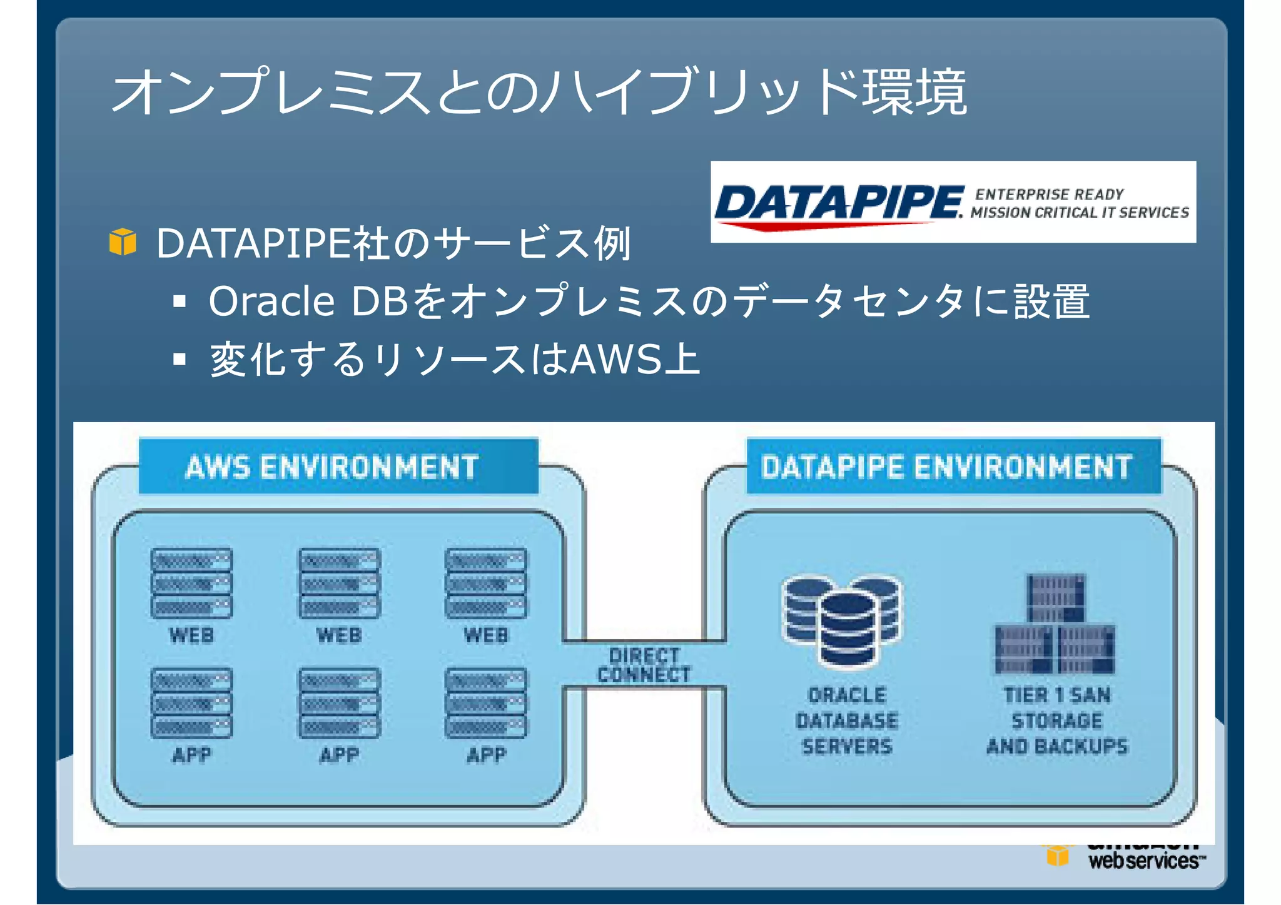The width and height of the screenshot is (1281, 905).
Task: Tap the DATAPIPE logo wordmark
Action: click(838, 203)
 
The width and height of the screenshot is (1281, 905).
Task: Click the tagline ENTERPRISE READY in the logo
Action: click(1049, 195)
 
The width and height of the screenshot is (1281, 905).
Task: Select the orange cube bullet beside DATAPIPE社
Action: click(123, 242)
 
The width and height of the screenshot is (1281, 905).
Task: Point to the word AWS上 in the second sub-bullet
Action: click(635, 360)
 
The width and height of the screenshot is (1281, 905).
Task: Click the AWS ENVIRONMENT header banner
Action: click(338, 467)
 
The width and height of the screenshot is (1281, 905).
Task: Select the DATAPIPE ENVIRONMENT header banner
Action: click(953, 467)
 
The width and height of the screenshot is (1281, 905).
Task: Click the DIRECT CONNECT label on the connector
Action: click(644, 665)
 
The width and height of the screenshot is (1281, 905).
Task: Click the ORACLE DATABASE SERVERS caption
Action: click(847, 720)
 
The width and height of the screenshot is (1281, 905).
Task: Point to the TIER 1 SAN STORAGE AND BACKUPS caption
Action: click(1056, 720)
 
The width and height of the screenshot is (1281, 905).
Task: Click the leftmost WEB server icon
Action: click(191, 583)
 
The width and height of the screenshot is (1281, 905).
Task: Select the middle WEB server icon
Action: click(340, 583)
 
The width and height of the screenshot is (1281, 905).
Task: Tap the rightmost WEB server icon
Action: click(486, 583)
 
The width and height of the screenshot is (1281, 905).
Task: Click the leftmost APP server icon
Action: click(191, 703)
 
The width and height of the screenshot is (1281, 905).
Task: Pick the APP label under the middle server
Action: click(340, 755)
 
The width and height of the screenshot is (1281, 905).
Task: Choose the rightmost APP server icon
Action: click(486, 703)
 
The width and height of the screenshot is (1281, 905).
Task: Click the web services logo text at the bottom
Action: click(1143, 861)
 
